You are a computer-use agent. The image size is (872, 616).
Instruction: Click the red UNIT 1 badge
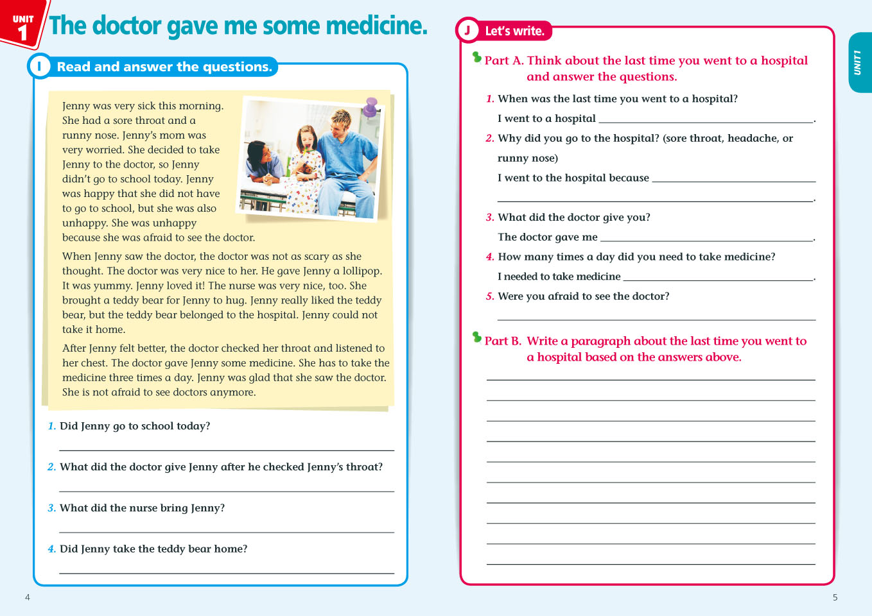tap(23, 24)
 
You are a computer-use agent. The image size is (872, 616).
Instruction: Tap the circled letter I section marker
tap(39, 66)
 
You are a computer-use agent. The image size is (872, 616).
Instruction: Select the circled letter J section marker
tap(467, 30)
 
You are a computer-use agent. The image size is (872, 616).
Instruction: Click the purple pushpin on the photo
tap(371, 106)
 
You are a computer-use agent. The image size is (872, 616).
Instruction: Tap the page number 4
tap(28, 597)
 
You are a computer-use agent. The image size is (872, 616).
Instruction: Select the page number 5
tap(835, 597)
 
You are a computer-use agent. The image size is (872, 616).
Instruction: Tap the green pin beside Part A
tap(477, 58)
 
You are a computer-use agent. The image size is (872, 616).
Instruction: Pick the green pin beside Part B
tap(477, 337)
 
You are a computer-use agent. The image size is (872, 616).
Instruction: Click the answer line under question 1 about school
tap(226, 449)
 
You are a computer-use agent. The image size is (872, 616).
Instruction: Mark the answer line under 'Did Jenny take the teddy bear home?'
tap(226, 572)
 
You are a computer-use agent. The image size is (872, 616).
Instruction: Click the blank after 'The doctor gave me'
tap(706, 239)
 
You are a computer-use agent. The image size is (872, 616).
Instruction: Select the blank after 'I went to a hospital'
tap(706, 121)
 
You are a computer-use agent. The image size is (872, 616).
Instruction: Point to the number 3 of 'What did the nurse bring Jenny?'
tap(51, 508)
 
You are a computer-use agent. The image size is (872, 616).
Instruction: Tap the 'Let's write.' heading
tap(514, 31)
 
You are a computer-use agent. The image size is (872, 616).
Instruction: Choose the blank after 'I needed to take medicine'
tap(718, 278)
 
